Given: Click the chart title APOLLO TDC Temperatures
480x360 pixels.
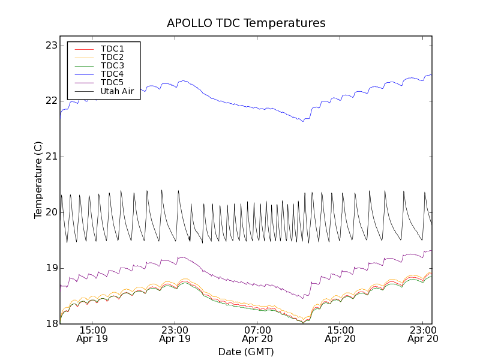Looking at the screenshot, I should click(x=246, y=23).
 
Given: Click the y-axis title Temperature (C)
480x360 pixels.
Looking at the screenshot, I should click(x=38, y=180).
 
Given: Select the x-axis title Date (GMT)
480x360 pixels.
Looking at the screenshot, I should click(x=246, y=352).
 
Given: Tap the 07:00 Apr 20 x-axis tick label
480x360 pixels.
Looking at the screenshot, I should click(x=258, y=334).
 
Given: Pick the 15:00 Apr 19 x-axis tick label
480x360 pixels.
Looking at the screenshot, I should click(x=93, y=334).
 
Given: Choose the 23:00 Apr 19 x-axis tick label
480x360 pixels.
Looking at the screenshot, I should click(x=175, y=334).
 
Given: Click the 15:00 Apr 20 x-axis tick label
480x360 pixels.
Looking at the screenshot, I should click(x=340, y=334).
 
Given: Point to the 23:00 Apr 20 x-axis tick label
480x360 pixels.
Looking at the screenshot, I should click(x=423, y=334).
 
